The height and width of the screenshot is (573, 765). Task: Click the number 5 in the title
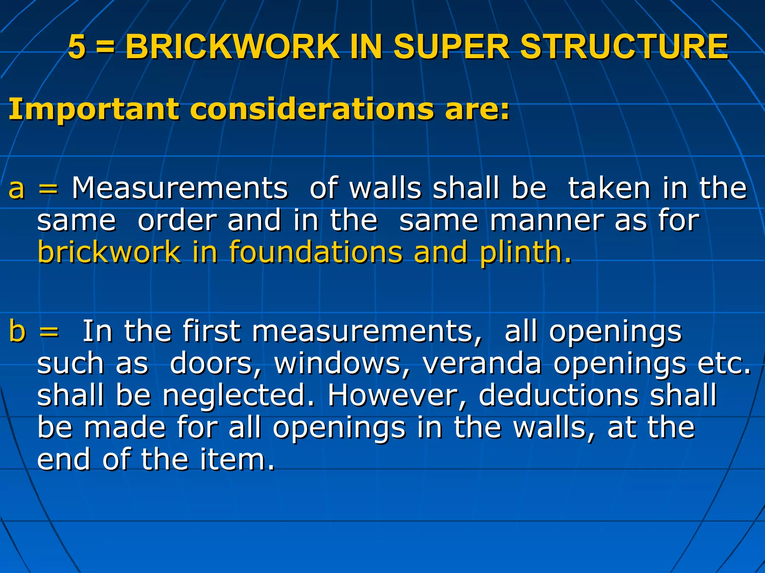click(x=77, y=47)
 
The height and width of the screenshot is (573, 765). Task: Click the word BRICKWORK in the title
click(x=232, y=47)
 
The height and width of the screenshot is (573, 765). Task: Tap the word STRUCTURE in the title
click(x=624, y=47)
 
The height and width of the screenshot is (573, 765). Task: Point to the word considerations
click(x=312, y=109)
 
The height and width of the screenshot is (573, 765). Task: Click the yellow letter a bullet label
click(x=16, y=188)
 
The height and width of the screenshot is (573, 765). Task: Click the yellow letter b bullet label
click(x=17, y=331)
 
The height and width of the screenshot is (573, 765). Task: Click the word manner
click(x=546, y=220)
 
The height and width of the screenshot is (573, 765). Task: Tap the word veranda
click(x=482, y=363)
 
